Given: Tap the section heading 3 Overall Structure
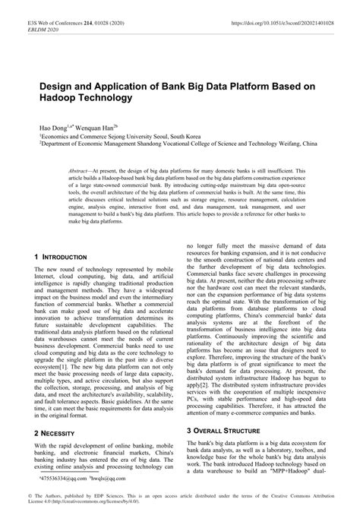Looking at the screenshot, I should point(226,430).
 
